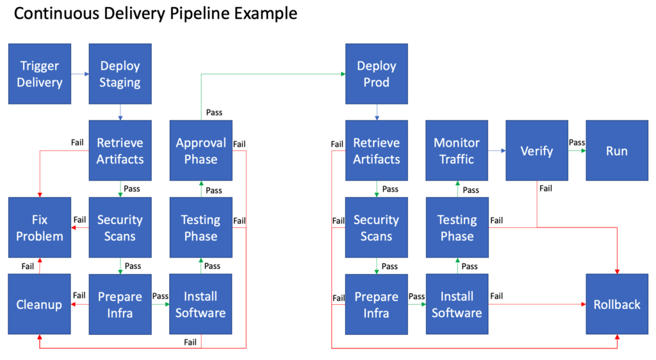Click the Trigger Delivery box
pyautogui.click(x=40, y=74)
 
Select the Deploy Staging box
pyautogui.click(x=120, y=74)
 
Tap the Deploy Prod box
pyautogui.click(x=376, y=74)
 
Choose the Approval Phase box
pyautogui.click(x=201, y=151)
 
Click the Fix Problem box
pyautogui.click(x=40, y=227)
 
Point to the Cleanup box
pyautogui.click(x=40, y=304)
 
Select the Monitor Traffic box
pyautogui.click(x=457, y=151)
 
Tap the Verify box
pyautogui.click(x=537, y=151)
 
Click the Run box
pyautogui.click(x=617, y=151)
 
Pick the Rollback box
pyautogui.click(x=617, y=304)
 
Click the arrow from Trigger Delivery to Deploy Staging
pyautogui.click(x=79, y=74)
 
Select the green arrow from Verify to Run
pyautogui.click(x=577, y=151)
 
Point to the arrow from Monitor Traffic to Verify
pyautogui.click(x=496, y=151)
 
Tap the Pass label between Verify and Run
pyautogui.click(x=577, y=143)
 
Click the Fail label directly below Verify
pyautogui.click(x=546, y=188)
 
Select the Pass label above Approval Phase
pyautogui.click(x=214, y=112)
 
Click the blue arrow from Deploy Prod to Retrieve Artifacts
pyautogui.click(x=377, y=112)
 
